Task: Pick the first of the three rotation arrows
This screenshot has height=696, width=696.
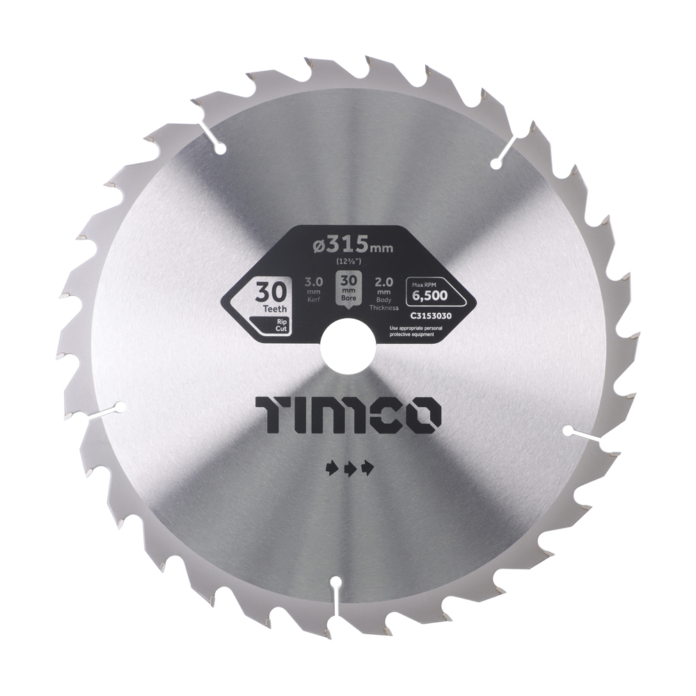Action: (x=331, y=468)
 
